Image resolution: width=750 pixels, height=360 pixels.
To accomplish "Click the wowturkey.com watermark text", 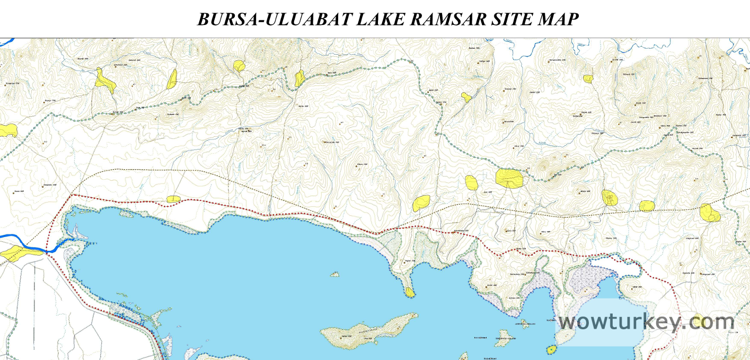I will (646, 322).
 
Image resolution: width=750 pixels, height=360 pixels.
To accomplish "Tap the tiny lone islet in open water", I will (334, 274).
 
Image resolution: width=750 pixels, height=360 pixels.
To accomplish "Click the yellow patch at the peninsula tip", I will (409, 292).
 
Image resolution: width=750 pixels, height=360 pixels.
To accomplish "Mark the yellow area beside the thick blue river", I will (20, 253).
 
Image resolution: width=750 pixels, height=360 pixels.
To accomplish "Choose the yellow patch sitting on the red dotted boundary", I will (173, 199).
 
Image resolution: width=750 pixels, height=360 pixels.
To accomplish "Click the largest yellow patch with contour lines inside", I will (509, 178).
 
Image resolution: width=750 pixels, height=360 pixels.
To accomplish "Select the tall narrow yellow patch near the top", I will (172, 80).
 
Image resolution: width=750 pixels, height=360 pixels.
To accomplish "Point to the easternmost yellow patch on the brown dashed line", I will (710, 213).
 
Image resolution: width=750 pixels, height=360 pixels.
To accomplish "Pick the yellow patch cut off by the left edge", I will (7, 130).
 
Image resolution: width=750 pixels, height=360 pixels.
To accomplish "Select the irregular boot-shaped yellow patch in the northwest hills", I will (105, 81).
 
